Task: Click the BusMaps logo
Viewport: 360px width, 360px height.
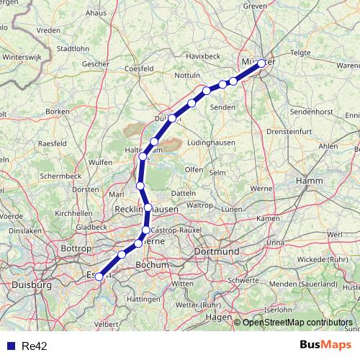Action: click(x=328, y=346)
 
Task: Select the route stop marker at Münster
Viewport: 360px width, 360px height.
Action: click(x=261, y=63)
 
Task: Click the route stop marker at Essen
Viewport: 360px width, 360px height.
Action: click(x=99, y=276)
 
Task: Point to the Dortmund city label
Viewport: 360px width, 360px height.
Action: click(x=217, y=252)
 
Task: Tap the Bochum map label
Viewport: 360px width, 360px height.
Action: click(x=152, y=265)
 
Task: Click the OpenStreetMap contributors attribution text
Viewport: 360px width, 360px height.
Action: click(x=297, y=322)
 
